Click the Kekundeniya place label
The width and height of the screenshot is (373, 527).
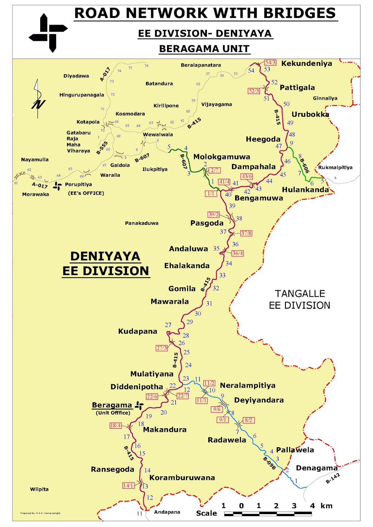tap(306, 64)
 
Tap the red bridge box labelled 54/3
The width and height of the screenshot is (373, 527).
tap(270, 62)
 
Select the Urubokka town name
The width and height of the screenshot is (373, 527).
tap(310, 114)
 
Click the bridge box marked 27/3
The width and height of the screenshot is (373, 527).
tap(161, 348)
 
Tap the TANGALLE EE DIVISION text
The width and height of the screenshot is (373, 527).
tap(300, 299)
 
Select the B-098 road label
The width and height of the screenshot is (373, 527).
tap(269, 463)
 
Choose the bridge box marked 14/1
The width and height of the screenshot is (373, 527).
tap(128, 485)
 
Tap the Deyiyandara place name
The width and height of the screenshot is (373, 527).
tap(259, 400)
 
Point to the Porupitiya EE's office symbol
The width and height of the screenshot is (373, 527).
tap(58, 185)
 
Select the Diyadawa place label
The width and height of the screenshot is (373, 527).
tap(76, 76)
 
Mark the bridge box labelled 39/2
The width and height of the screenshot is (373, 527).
tap(213, 214)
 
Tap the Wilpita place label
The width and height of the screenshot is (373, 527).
tap(39, 489)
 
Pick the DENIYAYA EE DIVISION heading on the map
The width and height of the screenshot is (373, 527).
tap(105, 263)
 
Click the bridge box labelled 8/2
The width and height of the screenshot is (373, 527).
tap(248, 420)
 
